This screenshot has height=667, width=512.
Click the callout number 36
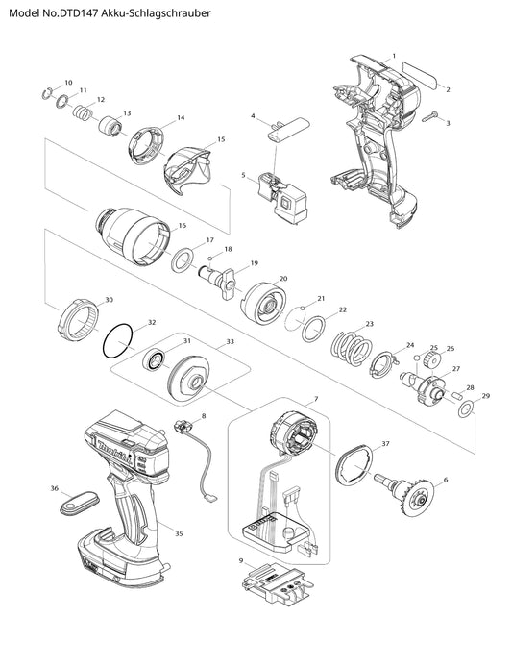(x=55, y=489)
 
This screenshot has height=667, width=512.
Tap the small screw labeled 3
(x=430, y=117)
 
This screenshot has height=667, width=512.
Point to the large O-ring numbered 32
(x=117, y=341)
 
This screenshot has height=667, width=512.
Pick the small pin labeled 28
(x=457, y=394)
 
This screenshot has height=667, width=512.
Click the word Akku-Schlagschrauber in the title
(x=156, y=13)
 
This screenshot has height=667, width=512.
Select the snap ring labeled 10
(x=47, y=94)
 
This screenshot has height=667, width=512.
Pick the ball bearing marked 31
(x=153, y=360)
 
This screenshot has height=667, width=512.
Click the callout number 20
(x=283, y=279)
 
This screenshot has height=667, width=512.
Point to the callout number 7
(x=315, y=399)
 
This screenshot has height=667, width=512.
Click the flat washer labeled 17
(x=183, y=260)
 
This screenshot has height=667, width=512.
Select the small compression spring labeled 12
(x=83, y=114)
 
